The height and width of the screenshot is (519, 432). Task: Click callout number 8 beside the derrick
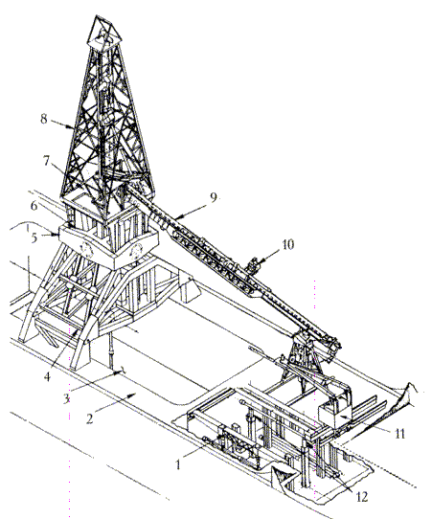coord(44,119)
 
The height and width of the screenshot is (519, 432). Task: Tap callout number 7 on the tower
coord(46,161)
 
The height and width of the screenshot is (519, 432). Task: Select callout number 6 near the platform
coord(34,206)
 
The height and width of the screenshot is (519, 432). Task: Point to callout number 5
coord(34,237)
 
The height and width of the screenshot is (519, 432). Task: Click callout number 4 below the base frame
coord(47,376)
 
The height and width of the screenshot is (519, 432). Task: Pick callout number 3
coord(66,399)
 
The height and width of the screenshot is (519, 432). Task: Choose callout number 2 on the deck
coord(89,418)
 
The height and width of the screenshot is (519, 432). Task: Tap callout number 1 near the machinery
coord(178,464)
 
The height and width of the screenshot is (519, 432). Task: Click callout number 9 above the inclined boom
coord(214,197)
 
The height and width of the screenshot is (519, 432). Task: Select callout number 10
coord(287,244)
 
